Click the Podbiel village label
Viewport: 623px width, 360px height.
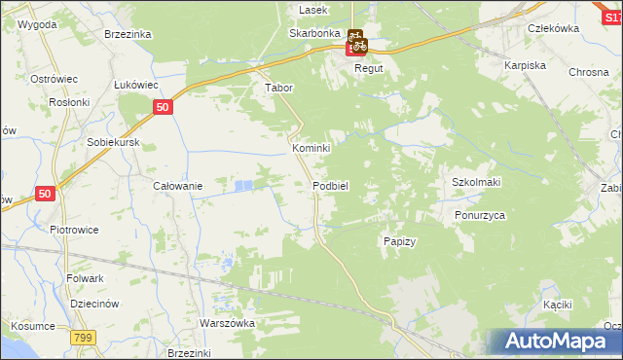[330, 186]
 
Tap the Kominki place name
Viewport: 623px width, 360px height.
[311, 148]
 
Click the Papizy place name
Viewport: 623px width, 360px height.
[400, 241]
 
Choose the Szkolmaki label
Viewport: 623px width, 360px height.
[476, 183]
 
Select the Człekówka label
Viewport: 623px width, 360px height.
[552, 28]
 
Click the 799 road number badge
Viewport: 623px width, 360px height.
[83, 337]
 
